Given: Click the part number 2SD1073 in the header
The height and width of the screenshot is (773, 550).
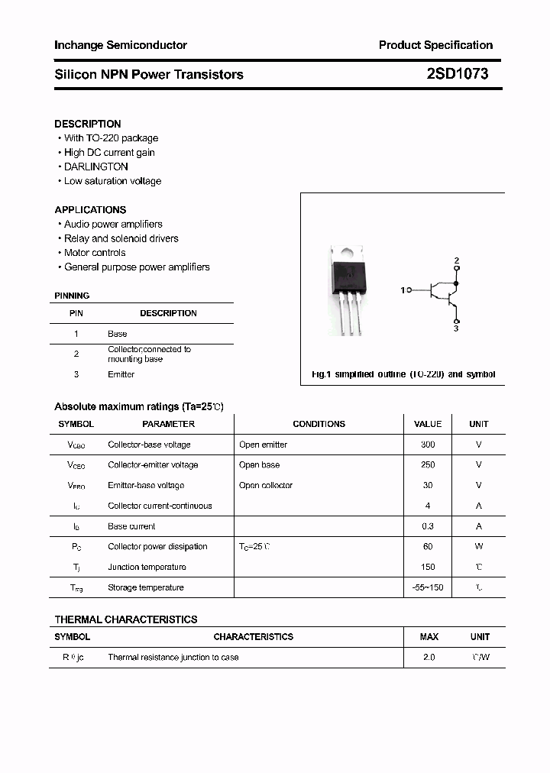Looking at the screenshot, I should point(458,74).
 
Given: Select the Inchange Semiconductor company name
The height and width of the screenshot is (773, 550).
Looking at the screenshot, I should point(121,45).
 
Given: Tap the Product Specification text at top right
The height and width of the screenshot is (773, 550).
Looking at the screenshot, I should point(435,45).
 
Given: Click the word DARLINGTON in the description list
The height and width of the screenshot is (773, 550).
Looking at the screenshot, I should point(95,167).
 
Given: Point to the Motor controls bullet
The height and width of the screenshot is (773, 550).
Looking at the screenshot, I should point(95,253).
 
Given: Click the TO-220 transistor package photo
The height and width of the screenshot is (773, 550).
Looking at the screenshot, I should point(349,289).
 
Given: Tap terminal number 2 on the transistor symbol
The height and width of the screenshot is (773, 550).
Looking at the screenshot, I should point(457,261).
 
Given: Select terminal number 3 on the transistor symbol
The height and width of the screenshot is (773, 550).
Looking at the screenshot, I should point(456,328).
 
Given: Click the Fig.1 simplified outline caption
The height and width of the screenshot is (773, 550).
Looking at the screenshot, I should point(403,374).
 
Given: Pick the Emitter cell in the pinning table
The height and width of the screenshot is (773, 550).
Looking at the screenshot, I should point(121,374).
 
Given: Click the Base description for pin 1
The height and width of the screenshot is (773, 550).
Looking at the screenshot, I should point(117,334).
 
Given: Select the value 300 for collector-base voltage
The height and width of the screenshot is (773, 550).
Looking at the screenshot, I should point(428,445).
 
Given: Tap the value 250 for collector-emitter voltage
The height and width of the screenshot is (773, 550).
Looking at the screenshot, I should point(428,464).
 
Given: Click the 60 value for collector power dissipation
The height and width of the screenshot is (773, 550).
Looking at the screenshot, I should point(428,546).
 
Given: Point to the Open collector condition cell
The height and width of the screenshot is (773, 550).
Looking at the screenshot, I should point(265,485).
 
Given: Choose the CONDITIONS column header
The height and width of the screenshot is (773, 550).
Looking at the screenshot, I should point(319,424).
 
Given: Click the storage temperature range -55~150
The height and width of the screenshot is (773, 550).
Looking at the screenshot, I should point(428,587).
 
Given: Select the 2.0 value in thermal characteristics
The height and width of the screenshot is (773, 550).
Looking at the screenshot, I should point(429,657).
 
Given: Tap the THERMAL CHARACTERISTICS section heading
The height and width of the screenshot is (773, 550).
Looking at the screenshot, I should point(125,619).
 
